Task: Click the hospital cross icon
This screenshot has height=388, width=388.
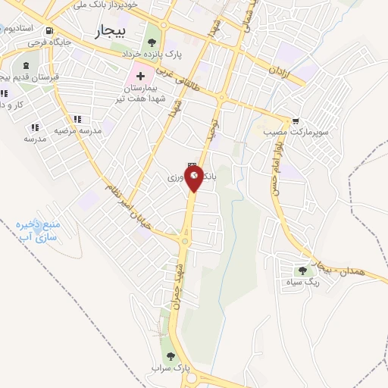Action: [x=140, y=77]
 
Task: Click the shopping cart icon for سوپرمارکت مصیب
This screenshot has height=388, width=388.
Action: [x=296, y=120]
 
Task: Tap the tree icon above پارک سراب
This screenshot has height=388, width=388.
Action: [x=170, y=355]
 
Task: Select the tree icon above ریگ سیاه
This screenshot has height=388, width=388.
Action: [x=303, y=271]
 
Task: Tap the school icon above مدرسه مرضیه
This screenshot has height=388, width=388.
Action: [x=77, y=119]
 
